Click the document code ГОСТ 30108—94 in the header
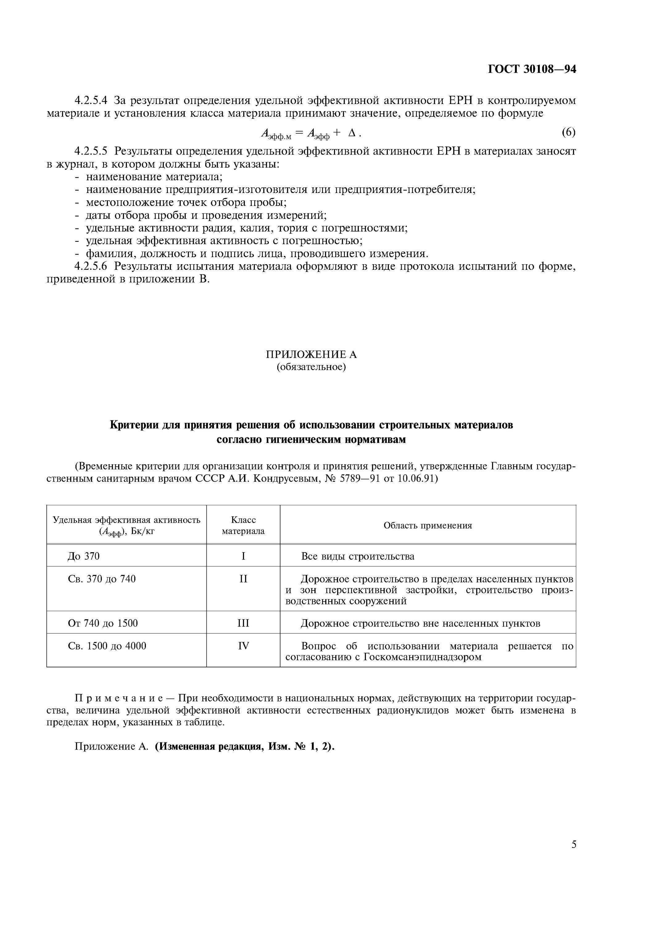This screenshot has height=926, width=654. (532, 69)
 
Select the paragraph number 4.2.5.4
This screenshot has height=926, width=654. (91, 100)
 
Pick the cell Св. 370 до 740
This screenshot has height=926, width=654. (101, 579)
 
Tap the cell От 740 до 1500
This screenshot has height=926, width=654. (103, 623)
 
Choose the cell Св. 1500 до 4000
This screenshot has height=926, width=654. (107, 646)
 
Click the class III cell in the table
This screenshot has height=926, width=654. (243, 623)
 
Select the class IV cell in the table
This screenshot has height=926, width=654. (243, 646)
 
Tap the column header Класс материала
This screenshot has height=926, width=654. (243, 525)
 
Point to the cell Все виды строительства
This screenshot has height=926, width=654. (358, 556)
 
